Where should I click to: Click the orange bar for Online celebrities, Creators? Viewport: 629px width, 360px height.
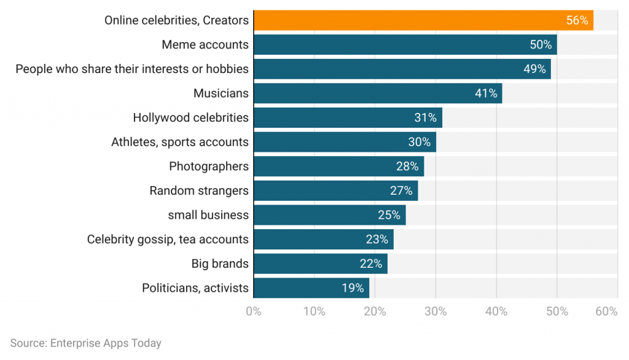tap(423, 20)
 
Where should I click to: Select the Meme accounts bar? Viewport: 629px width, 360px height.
tap(405, 44)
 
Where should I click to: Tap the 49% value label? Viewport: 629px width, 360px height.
tap(534, 69)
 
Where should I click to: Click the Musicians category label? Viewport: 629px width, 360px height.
tap(221, 93)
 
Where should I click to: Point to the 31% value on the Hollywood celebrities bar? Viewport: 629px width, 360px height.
tap(425, 117)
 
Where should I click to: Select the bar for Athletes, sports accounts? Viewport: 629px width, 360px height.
tap(344, 142)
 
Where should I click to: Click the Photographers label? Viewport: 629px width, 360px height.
tap(208, 166)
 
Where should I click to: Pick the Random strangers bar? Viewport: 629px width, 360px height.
tap(335, 190)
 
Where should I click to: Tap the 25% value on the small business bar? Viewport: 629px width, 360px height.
tap(389, 215)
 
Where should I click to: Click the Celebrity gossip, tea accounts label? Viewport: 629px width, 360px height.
tap(168, 240)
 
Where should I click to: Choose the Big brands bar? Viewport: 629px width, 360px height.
tap(320, 264)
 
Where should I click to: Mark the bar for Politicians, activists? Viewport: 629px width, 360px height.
tap(311, 288)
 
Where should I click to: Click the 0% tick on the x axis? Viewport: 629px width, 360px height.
tap(253, 311)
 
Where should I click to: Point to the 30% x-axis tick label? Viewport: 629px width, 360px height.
tap(436, 311)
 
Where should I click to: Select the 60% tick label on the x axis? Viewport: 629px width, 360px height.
tap(606, 311)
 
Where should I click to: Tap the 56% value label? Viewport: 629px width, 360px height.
tap(577, 20)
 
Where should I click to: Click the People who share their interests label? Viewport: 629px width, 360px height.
tap(132, 69)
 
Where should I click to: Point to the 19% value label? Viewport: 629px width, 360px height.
tap(353, 288)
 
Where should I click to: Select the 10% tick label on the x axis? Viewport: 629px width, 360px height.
tap(314, 311)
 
